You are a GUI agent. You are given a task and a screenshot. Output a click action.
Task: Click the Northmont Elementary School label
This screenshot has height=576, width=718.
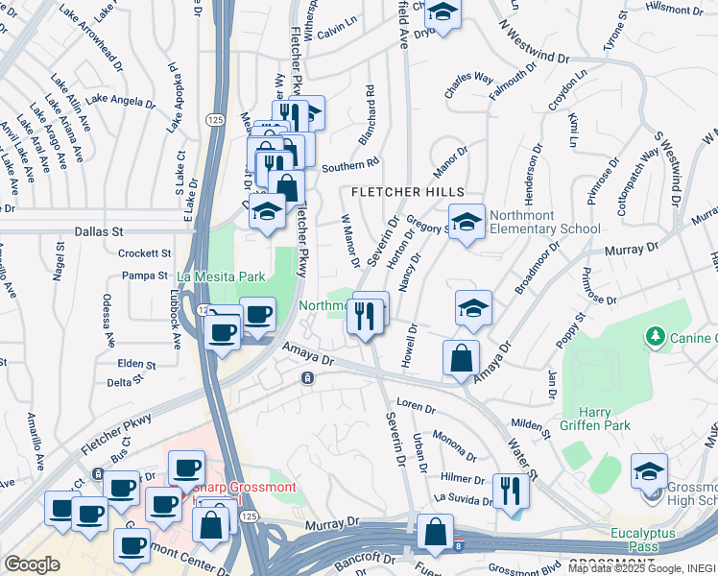coord(543,222)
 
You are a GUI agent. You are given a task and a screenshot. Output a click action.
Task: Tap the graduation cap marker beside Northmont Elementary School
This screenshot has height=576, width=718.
coord(467,223)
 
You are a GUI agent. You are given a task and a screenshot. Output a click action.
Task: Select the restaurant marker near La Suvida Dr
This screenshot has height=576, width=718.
coord(510,491)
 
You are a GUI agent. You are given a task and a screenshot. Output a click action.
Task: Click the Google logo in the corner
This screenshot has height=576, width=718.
coord(32,564)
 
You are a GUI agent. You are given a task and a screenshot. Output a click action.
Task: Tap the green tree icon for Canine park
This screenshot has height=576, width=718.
coord(656,336)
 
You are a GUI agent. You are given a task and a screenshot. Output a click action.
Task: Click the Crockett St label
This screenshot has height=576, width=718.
coord(144,253)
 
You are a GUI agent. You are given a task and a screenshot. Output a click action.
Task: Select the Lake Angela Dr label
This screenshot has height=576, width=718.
coord(120,101)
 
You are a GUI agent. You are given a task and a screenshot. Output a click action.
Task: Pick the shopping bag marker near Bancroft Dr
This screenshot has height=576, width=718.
coord(435,534)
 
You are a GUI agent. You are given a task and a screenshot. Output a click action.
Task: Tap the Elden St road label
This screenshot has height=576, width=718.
coord(136,365)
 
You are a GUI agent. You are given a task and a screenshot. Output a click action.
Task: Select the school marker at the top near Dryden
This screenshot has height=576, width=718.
coord(443,12)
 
